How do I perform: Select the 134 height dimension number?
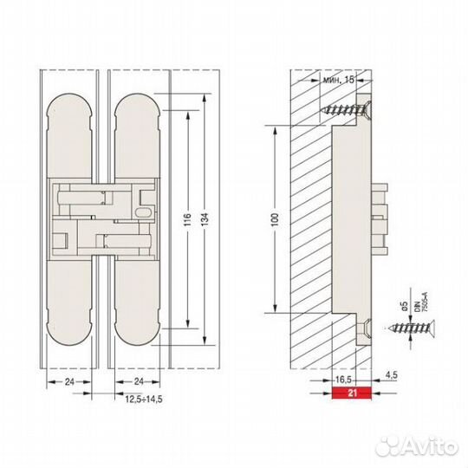pos(205,220)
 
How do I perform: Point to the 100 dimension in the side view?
pos(271,220)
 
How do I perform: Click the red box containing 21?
pos(350,392)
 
